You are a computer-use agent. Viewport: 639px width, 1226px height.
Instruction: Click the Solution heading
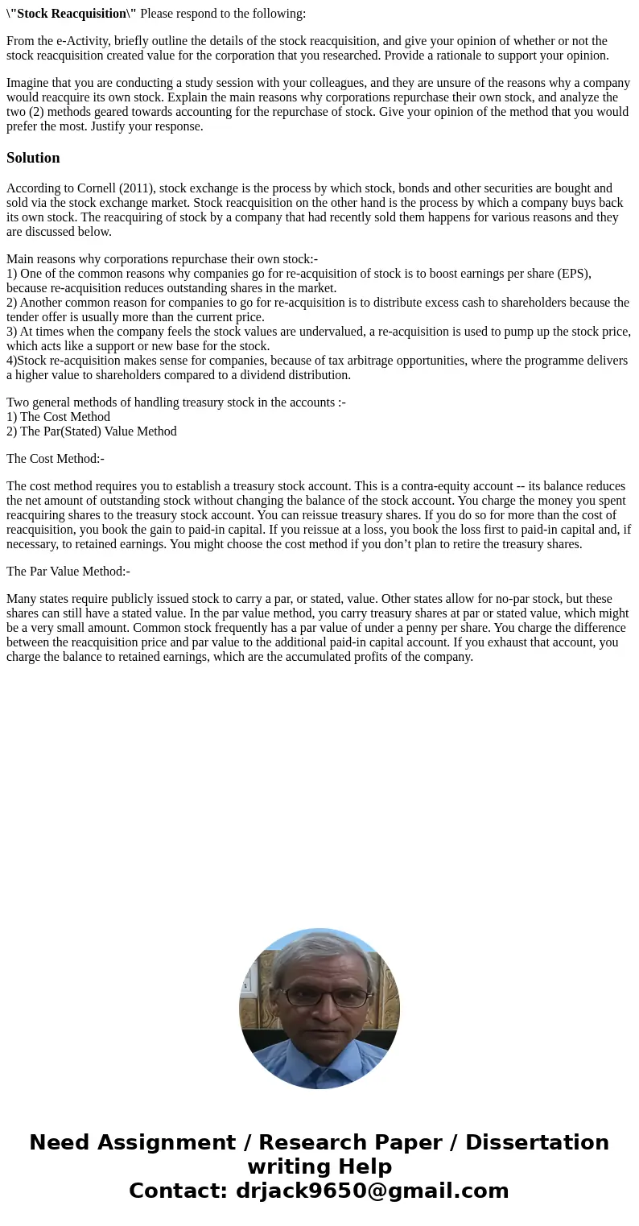[x=33, y=158]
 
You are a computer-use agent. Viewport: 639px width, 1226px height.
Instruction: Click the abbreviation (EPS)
[x=574, y=274]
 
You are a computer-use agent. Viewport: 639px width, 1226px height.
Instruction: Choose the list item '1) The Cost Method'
[x=58, y=417]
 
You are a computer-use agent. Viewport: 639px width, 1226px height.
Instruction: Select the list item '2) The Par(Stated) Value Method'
[x=91, y=431]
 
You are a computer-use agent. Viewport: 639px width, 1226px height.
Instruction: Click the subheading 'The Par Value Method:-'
[x=68, y=572]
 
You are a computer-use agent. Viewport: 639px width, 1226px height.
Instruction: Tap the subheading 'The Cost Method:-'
[x=56, y=459]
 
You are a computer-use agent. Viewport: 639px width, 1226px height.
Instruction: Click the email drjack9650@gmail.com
[x=372, y=1191]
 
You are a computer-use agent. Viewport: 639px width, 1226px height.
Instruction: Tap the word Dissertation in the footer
[x=537, y=1143]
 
